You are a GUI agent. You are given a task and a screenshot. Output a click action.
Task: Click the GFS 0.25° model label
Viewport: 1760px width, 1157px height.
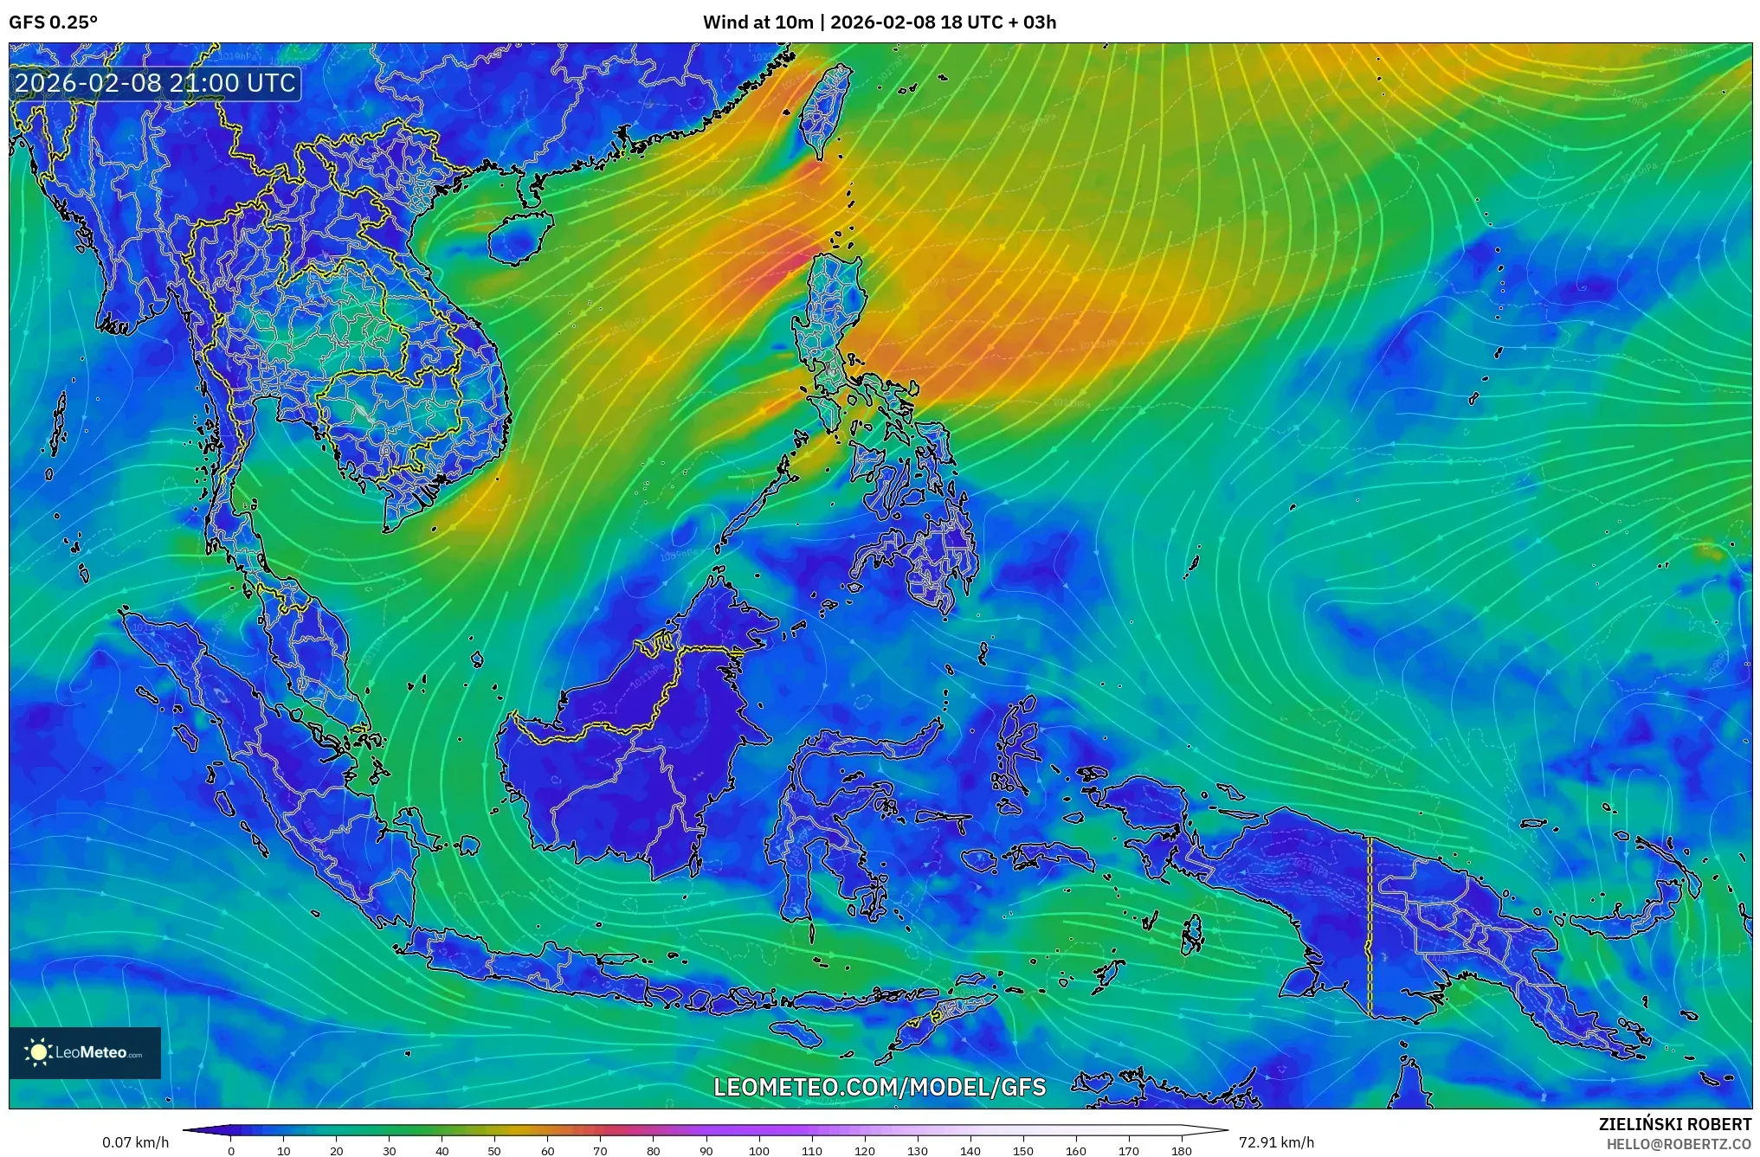pos(53,22)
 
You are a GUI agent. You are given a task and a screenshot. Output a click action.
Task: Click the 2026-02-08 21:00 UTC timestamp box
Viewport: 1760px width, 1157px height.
pos(156,84)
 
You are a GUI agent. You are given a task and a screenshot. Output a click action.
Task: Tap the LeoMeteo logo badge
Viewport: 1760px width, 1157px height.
pos(85,1052)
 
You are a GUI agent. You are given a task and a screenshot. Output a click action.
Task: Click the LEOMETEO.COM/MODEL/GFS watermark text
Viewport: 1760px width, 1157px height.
pos(880,1087)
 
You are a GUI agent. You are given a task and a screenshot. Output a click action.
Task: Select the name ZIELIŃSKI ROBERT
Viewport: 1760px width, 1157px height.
pos(1674,1124)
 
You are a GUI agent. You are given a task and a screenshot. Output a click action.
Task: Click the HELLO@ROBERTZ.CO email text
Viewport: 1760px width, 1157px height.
pos(1679,1144)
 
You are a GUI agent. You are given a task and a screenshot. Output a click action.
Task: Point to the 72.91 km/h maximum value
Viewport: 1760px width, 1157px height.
pos(1276,1142)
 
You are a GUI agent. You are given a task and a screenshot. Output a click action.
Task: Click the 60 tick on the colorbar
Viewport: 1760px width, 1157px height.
pos(547,1150)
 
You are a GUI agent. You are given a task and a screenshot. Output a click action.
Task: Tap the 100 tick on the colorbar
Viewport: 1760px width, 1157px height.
pos(758,1150)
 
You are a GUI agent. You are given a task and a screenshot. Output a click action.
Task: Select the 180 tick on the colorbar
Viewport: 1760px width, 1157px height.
pos(1182,1150)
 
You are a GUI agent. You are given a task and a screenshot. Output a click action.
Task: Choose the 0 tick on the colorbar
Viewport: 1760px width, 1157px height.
pos(230,1150)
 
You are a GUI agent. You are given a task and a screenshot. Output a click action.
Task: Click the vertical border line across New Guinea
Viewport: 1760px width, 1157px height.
pos(1370,926)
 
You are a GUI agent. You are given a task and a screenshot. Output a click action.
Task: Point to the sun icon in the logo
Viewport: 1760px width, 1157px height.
pos(38,1052)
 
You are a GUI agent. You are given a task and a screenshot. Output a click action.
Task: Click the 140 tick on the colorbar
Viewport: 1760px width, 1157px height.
pos(970,1150)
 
